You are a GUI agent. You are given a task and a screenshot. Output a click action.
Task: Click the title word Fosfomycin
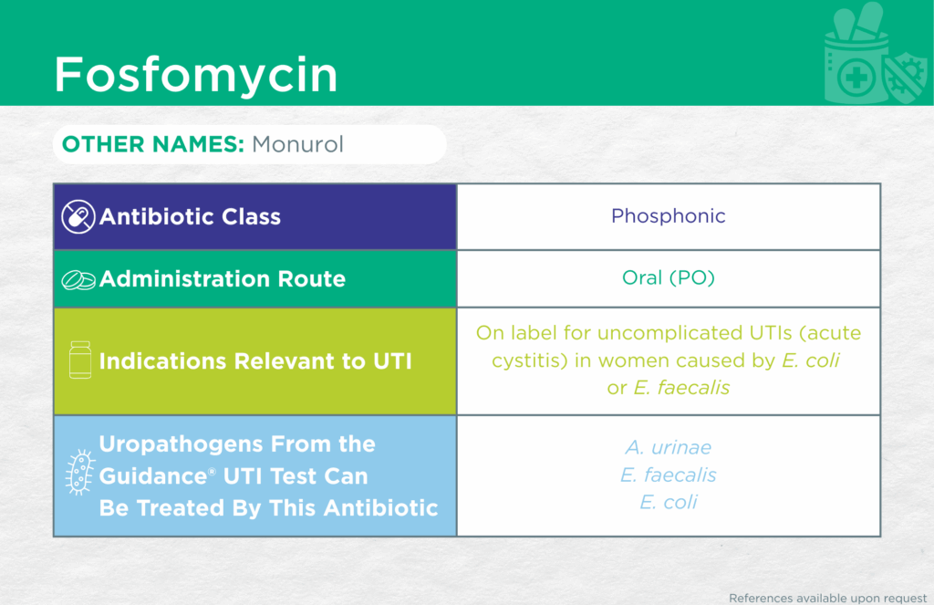click(x=196, y=75)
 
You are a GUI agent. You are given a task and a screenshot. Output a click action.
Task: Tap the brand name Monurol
click(x=297, y=144)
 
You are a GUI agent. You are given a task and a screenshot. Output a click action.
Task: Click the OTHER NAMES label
click(x=153, y=144)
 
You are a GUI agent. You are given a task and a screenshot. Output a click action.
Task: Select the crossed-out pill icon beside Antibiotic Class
click(x=78, y=216)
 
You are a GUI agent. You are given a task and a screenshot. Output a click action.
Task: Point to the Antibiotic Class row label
click(x=190, y=216)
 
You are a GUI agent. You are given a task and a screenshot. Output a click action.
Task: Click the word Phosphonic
click(x=669, y=215)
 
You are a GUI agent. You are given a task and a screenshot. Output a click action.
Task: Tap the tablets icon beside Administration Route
click(x=78, y=279)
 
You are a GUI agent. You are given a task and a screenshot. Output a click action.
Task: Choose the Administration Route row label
click(x=223, y=279)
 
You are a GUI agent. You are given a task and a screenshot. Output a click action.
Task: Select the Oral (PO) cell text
click(x=669, y=277)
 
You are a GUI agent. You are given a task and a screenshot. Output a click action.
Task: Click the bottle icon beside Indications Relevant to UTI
click(x=80, y=360)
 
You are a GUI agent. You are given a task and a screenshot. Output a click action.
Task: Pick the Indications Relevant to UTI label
click(x=255, y=361)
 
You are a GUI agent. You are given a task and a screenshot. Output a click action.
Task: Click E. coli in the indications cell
click(x=811, y=360)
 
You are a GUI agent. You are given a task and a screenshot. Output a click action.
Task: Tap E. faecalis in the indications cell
click(x=681, y=388)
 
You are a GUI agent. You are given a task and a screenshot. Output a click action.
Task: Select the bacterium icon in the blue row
click(x=80, y=472)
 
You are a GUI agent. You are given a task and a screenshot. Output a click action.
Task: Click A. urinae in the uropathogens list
click(x=669, y=447)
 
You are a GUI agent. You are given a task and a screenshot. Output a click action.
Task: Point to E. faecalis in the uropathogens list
click(x=669, y=475)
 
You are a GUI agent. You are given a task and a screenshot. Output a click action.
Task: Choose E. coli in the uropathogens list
click(x=669, y=503)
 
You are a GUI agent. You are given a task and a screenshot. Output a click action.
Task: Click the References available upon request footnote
click(x=828, y=598)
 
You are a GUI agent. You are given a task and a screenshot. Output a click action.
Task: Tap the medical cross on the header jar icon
click(x=856, y=78)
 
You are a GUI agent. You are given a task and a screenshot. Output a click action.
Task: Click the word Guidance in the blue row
click(x=153, y=476)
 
